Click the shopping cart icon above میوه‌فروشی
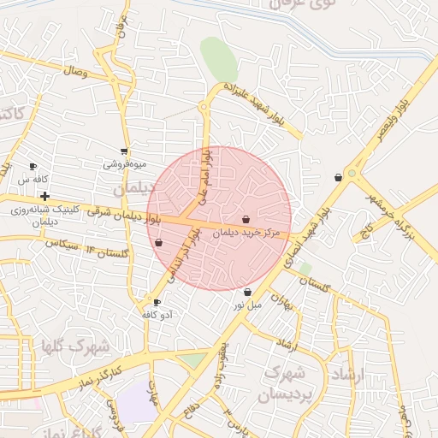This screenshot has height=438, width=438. pyautogui.click(x=125, y=151)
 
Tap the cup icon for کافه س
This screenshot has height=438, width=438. pyautogui.click(x=33, y=167)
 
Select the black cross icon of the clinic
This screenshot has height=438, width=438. pyautogui.click(x=44, y=197)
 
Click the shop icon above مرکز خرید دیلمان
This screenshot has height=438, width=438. pyautogui.click(x=246, y=220)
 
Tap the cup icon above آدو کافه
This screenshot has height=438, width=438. pyautogui.click(x=156, y=302)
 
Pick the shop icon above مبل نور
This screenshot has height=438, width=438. pyautogui.click(x=247, y=293)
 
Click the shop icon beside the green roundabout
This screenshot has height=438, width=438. pyautogui.click(x=339, y=178)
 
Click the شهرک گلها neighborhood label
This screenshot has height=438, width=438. pyautogui.click(x=75, y=346)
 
